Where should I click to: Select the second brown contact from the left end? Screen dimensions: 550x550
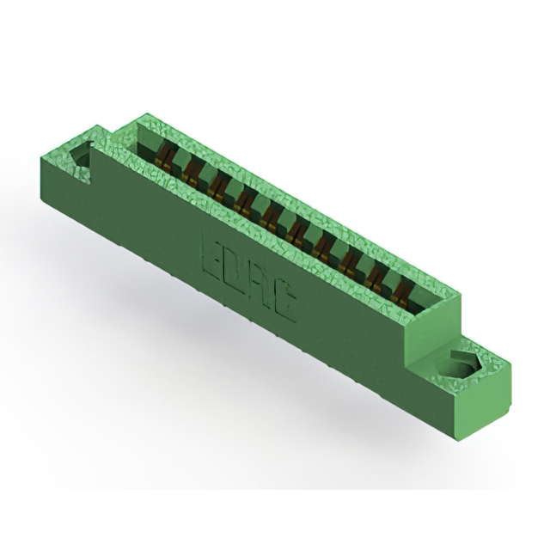click(x=192, y=173)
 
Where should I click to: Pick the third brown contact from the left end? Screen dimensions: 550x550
click(x=217, y=186)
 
